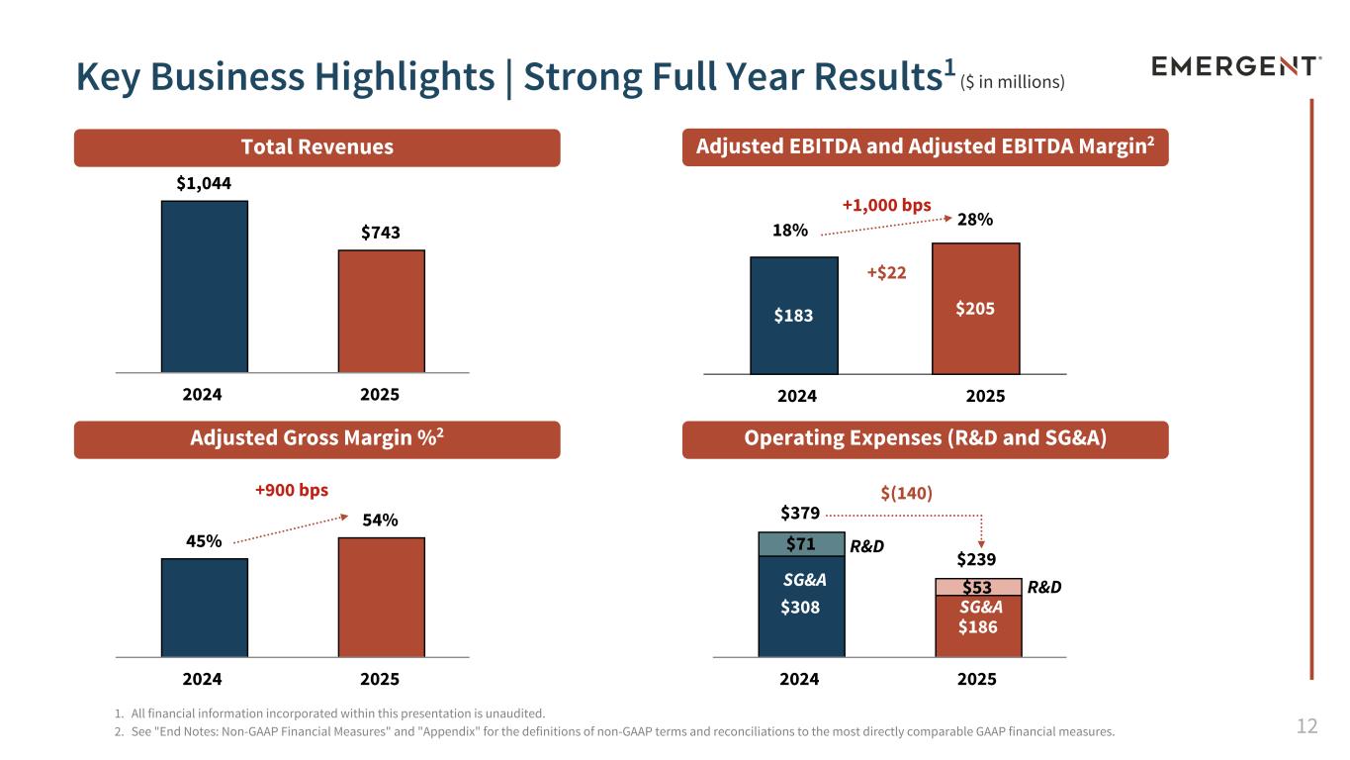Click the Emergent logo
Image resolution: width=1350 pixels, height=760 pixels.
tap(1236, 66)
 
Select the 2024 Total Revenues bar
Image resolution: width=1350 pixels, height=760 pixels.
tap(204, 286)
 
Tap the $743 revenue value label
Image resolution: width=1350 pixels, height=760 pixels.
tap(381, 233)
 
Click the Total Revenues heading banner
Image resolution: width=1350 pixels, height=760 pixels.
tap(316, 147)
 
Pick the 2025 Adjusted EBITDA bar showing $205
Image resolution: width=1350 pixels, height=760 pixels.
tap(975, 309)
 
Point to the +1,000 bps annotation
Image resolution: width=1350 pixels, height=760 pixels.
tap(886, 205)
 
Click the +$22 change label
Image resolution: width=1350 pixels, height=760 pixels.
tap(886, 272)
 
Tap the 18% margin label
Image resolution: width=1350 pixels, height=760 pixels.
tap(788, 230)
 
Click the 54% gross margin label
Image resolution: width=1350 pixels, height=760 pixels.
tap(380, 520)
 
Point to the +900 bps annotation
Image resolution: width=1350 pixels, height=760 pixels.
tap(291, 490)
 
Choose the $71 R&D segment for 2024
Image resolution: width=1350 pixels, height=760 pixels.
tap(801, 544)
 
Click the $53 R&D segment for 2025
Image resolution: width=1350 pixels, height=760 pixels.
tap(977, 587)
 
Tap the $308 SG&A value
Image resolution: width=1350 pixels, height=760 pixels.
tap(800, 608)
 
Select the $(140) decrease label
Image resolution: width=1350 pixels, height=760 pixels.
tap(906, 492)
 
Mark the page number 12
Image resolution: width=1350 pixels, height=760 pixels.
tap(1306, 727)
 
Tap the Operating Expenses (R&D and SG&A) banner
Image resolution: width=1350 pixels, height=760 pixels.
tap(925, 439)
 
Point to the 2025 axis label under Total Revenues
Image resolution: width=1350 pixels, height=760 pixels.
tap(380, 394)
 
